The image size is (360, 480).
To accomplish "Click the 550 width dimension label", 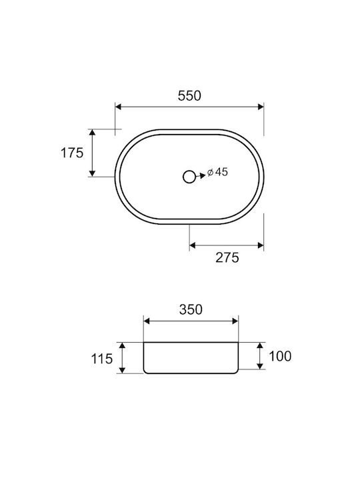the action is click(189, 96).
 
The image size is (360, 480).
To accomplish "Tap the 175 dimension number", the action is click(72, 153).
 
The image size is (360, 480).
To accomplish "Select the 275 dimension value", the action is click(227, 257).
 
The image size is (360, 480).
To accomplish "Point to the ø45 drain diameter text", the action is click(217, 172).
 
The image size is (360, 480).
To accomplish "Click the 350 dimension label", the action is click(191, 309).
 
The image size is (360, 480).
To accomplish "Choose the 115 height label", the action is click(102, 359).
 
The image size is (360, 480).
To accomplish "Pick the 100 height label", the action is click(280, 356).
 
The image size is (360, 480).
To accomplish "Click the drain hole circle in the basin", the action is click(189, 177).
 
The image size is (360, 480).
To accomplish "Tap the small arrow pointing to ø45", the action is click(201, 176).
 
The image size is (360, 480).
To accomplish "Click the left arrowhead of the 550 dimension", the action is click(119, 107).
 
